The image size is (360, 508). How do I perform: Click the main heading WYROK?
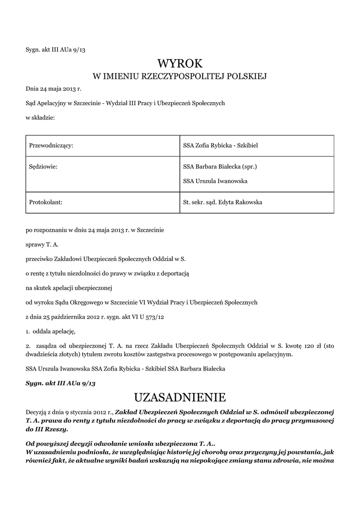pyautogui.click(x=180, y=63)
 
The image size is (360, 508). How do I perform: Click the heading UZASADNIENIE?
pyautogui.click(x=180, y=397)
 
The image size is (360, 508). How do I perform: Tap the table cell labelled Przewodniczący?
pyautogui.click(x=51, y=145)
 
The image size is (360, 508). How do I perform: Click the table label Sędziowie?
pyautogui.click(x=43, y=167)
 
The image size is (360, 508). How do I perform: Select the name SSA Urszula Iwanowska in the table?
pyautogui.click(x=215, y=181)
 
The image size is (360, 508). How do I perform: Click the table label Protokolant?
pyautogui.click(x=45, y=202)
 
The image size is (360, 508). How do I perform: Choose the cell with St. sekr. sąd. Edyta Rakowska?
pyautogui.click(x=222, y=202)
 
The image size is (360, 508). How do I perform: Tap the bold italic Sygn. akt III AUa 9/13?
pyautogui.click(x=60, y=384)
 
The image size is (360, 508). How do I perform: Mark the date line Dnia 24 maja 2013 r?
pyautogui.click(x=53, y=89)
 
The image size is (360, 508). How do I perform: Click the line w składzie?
pyautogui.click(x=40, y=118)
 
